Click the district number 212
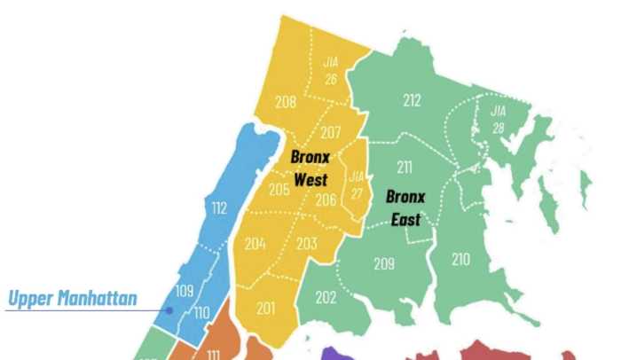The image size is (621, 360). point(412,100)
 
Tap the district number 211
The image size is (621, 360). point(405,167)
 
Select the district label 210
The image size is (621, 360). point(460,260)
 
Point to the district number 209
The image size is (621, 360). point(383,263)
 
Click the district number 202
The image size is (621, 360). point(326,298)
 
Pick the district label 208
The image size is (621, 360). point(285,102)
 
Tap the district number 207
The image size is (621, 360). point(331,133)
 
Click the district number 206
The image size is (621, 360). point(326,200)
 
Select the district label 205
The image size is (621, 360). point(279,189)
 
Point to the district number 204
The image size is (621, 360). point(255,244)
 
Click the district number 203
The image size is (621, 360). point(307,244)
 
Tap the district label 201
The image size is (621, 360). point(265,308)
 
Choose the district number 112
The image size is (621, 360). point(219,208)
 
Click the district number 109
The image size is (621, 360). point(185,290)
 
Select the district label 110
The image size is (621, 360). point(201,312)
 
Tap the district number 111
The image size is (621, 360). point(213,353)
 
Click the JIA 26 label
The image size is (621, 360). point(332,70)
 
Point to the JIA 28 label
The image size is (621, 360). point(498,119)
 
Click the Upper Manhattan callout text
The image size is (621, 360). point(72,298)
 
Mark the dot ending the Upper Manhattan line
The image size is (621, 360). point(169,309)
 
